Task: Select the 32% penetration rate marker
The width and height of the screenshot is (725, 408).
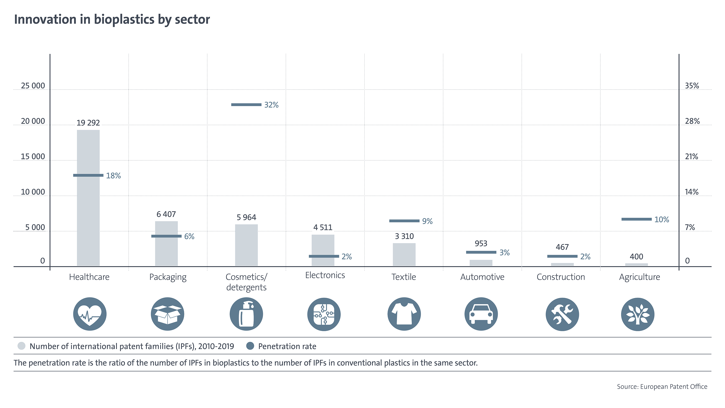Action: click(246, 105)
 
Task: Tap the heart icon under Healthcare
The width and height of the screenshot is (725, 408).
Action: click(90, 314)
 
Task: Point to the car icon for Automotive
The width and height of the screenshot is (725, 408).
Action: click(481, 314)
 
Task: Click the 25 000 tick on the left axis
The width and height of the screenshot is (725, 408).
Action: click(33, 86)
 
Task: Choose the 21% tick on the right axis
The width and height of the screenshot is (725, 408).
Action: click(691, 157)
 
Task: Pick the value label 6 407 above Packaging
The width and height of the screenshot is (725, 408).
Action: click(166, 214)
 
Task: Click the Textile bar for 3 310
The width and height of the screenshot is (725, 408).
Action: click(404, 255)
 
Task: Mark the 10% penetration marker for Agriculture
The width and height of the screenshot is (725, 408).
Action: click(636, 219)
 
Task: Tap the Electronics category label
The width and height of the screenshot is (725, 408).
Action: click(325, 275)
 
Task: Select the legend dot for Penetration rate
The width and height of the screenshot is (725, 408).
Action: click(250, 346)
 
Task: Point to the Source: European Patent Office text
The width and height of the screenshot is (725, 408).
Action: click(662, 386)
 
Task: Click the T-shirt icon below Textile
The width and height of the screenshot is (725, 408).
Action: click(404, 314)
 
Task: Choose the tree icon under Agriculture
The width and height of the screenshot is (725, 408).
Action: click(638, 314)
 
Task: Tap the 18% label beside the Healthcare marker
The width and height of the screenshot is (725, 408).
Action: click(113, 176)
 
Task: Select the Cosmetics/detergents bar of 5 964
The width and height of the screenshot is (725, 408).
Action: click(246, 245)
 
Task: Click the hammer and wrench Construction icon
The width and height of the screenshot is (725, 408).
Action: click(562, 314)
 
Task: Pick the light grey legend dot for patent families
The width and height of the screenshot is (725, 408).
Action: click(22, 346)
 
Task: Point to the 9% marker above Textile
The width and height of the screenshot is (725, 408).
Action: click(404, 221)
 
